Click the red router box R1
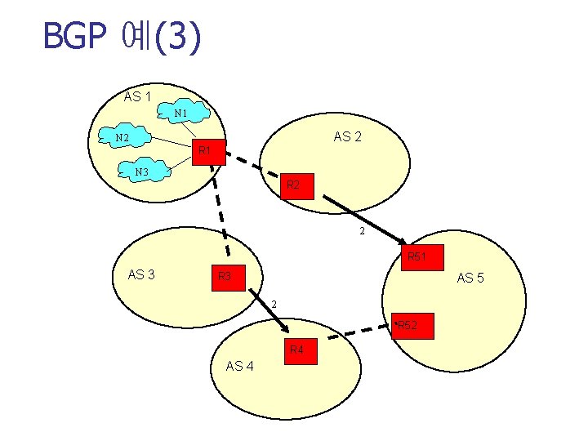(205, 150)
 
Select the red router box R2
(294, 186)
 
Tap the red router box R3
(225, 277)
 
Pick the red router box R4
(297, 350)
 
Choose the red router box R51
(416, 257)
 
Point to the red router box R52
(406, 326)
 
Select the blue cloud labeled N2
(122, 138)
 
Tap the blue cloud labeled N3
(142, 171)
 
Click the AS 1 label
(137, 97)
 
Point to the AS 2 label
(348, 136)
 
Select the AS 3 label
(142, 274)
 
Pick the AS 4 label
(239, 366)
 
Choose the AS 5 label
(470, 278)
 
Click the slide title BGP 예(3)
(122, 37)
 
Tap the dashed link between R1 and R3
(220, 212)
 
